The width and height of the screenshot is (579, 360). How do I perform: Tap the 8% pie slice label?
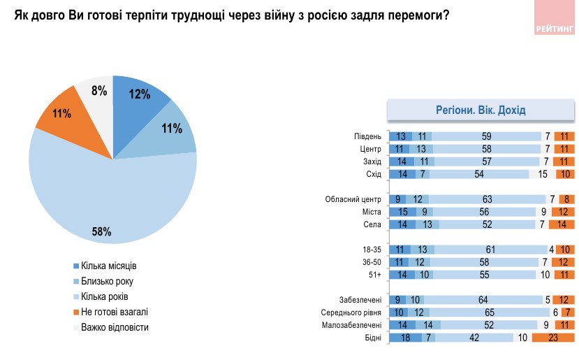tap(98, 90)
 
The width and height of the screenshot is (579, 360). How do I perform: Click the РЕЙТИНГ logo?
tap(556, 29)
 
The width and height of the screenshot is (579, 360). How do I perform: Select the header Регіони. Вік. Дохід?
tap(481, 110)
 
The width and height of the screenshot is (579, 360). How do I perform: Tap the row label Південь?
tap(368, 137)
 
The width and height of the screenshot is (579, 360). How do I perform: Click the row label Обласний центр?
tap(354, 199)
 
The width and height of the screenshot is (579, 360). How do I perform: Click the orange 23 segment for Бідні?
tap(552, 338)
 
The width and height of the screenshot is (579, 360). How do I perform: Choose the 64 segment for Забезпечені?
tap(482, 300)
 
